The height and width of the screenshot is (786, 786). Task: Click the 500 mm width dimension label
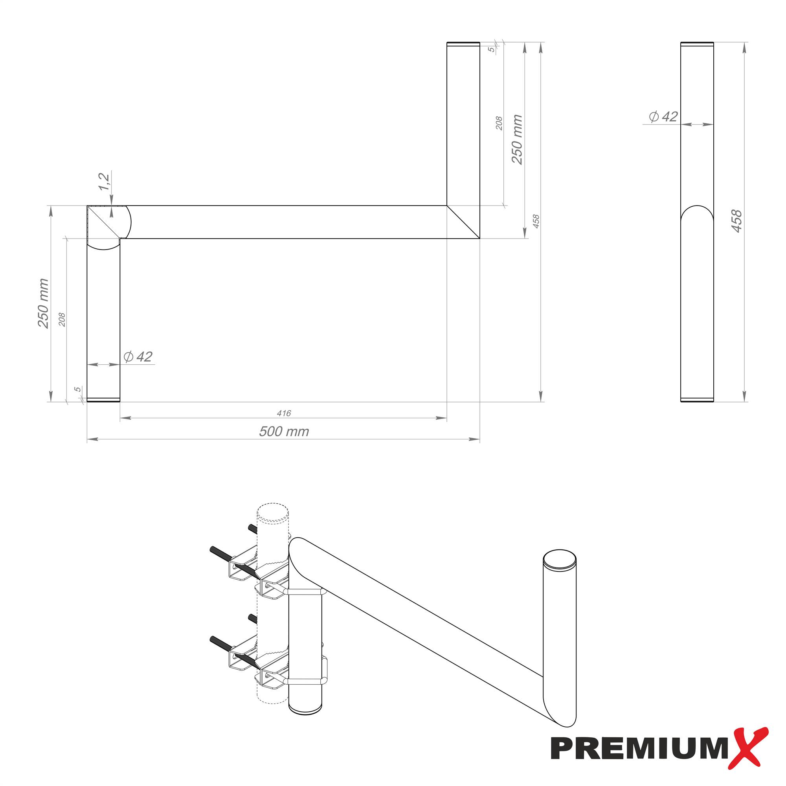click(284, 431)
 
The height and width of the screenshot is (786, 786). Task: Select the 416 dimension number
click(284, 413)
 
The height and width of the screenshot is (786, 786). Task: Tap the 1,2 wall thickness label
click(104, 181)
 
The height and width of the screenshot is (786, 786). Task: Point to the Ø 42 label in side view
click(663, 117)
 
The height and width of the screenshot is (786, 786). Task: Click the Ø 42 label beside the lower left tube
click(138, 357)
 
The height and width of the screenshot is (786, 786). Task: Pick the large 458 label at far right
click(736, 221)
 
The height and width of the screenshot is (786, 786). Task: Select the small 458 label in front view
click(536, 221)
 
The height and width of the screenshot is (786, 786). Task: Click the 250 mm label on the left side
click(43, 303)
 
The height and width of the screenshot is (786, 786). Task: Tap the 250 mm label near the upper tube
click(517, 140)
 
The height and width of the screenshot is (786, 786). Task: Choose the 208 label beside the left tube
click(62, 320)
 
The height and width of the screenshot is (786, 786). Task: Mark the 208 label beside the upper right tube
click(499, 123)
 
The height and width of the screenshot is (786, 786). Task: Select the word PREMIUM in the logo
click(639, 749)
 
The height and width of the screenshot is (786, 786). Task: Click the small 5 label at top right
click(492, 49)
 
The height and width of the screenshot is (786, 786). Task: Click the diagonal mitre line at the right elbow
click(463, 222)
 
